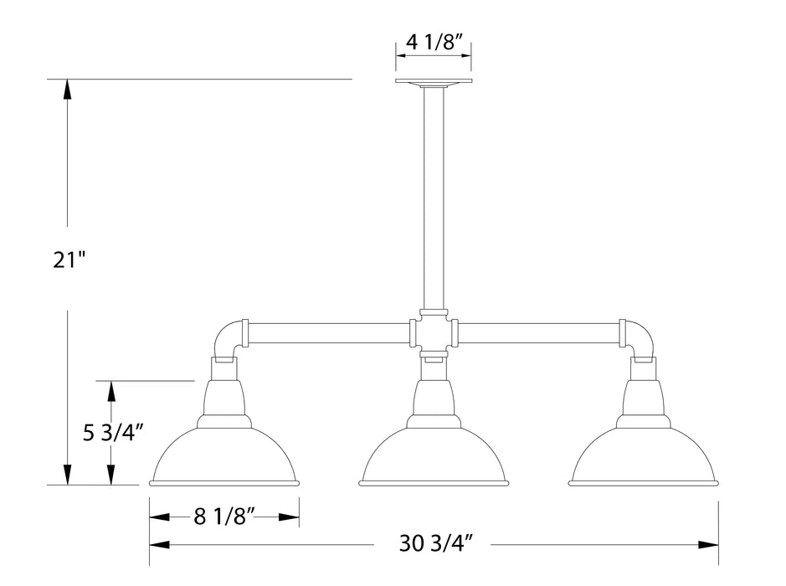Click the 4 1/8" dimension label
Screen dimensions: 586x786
433,41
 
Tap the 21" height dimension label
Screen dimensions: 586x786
68,260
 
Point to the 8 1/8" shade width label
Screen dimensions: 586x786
223,517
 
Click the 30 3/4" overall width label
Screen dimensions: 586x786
432,545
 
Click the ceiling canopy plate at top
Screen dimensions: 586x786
433,82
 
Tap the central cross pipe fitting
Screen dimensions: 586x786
433,334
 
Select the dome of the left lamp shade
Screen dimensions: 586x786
223,456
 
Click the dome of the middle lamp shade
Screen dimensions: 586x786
433,456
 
